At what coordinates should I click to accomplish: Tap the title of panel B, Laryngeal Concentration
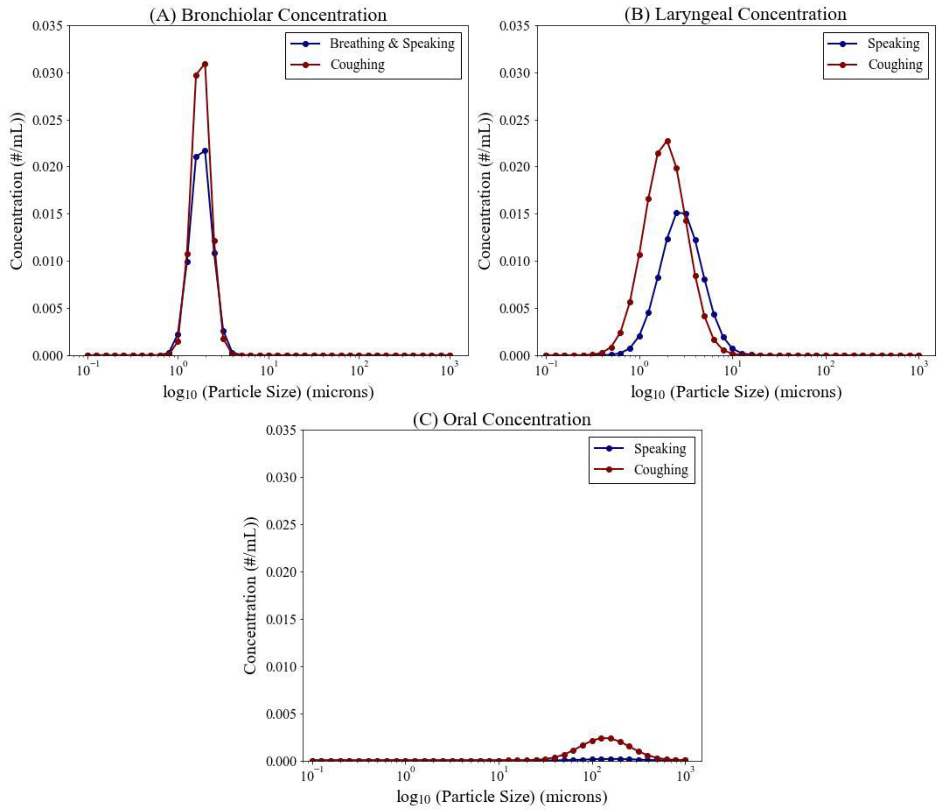[x=735, y=14]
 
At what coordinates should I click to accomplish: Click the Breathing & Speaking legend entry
[x=392, y=44]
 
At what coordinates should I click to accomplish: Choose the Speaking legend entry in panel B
[x=893, y=44]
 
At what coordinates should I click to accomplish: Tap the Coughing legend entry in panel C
[x=661, y=469]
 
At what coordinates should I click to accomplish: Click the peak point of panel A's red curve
[x=205, y=64]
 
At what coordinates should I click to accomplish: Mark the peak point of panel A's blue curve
[x=205, y=151]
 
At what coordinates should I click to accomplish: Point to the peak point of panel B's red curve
[x=668, y=141]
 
